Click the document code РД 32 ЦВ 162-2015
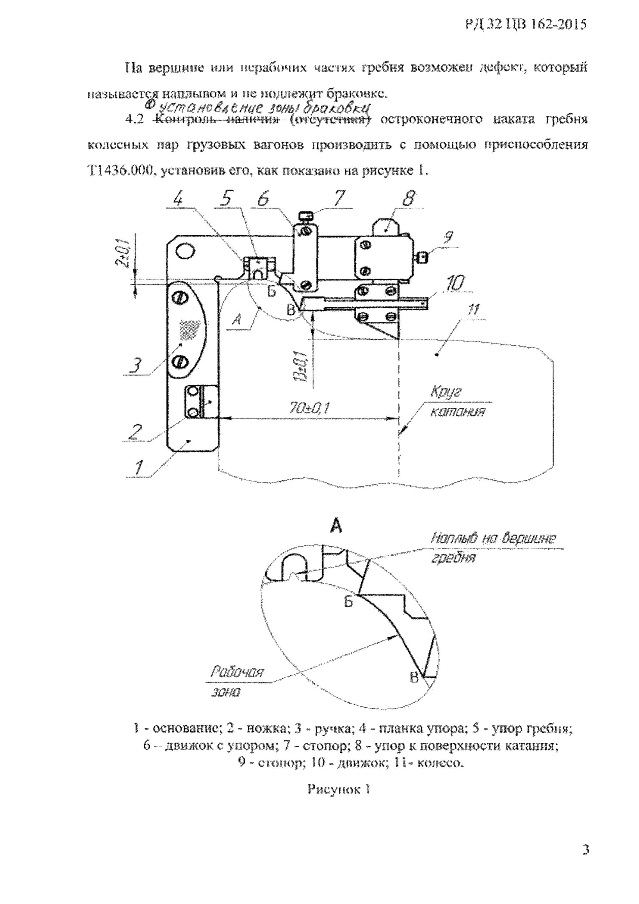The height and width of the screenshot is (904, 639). (x=526, y=25)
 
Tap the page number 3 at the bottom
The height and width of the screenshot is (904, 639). (x=585, y=861)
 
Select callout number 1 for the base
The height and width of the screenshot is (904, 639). (x=138, y=467)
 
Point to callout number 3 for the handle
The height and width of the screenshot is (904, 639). (x=135, y=366)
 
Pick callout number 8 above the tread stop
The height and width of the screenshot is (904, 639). (x=408, y=199)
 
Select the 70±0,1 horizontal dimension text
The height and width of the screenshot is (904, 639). (x=309, y=409)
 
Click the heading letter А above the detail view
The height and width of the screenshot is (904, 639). (x=336, y=525)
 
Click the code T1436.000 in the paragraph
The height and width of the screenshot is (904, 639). (x=119, y=171)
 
